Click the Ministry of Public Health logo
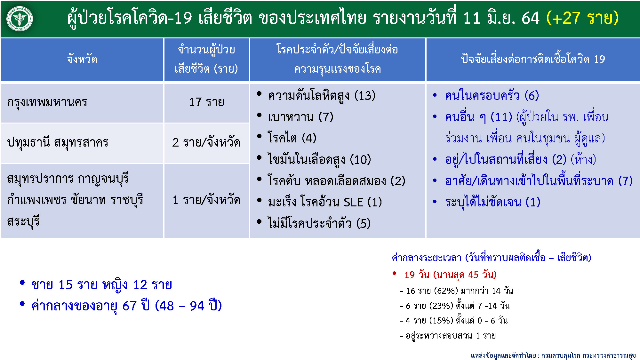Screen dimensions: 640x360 click(20, 19)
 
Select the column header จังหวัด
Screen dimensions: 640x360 click(82, 59)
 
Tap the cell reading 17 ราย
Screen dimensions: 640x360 click(207, 102)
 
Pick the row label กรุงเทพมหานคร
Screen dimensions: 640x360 click(47, 102)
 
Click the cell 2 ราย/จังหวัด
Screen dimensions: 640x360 click(206, 142)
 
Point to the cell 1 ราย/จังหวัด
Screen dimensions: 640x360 click(206, 200)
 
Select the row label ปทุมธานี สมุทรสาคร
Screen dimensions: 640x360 click(58, 142)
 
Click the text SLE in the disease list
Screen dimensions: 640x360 click(353, 202)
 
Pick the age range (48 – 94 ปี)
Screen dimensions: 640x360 click(188, 306)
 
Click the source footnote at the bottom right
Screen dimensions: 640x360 click(553, 356)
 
